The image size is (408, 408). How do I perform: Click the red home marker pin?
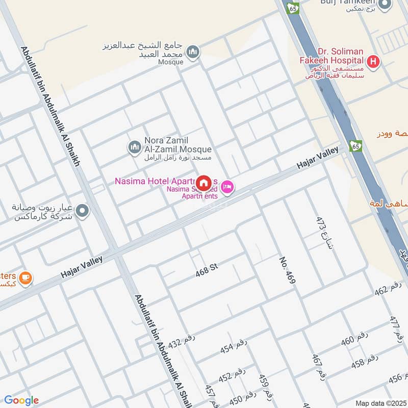(x=204, y=183)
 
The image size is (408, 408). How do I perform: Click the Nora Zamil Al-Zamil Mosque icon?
(x=134, y=148)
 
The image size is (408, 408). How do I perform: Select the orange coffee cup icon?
(x=25, y=278)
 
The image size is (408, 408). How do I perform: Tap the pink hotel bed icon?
(x=228, y=187)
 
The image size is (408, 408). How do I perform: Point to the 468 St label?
(x=207, y=271)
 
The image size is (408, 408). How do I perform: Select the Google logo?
(x=21, y=400)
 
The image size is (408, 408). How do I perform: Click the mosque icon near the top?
(x=193, y=52)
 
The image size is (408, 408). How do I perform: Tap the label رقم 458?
(x=365, y=361)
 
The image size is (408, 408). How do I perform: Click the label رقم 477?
(x=396, y=328)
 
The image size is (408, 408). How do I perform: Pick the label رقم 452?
(x=232, y=375)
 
